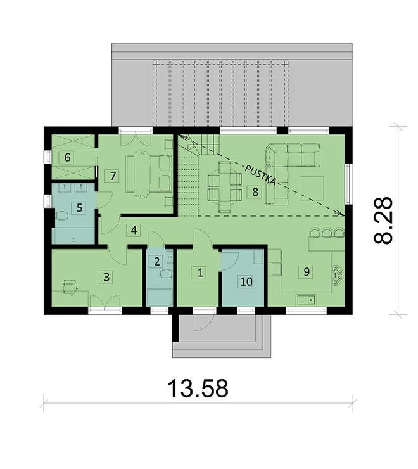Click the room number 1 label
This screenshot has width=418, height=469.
[200, 273]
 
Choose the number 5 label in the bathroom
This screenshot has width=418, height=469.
[79, 207]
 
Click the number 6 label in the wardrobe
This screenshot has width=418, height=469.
[67, 157]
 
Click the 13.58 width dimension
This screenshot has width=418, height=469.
[198, 389]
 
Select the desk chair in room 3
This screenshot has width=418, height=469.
[68, 287]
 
